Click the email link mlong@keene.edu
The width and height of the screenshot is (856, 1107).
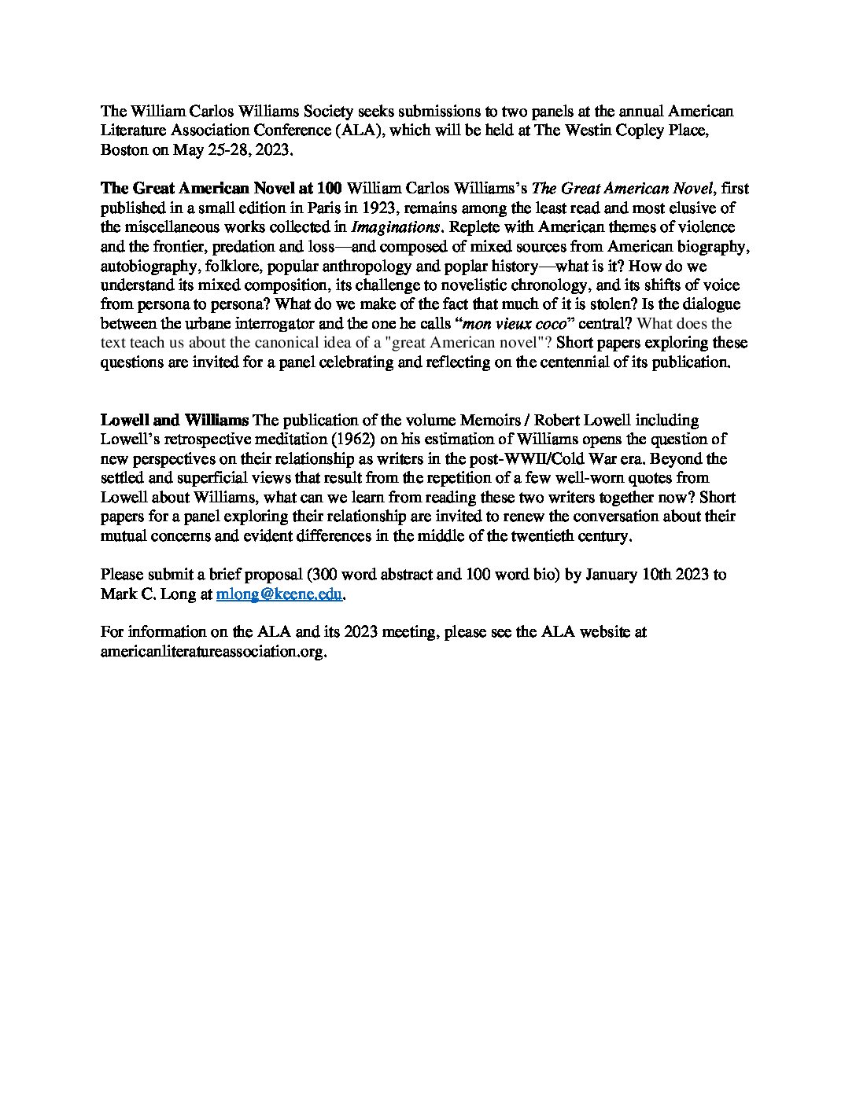pyautogui.click(x=279, y=594)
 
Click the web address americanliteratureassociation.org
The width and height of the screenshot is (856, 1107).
pyautogui.click(x=212, y=652)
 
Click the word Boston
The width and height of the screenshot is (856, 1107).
pyautogui.click(x=124, y=149)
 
